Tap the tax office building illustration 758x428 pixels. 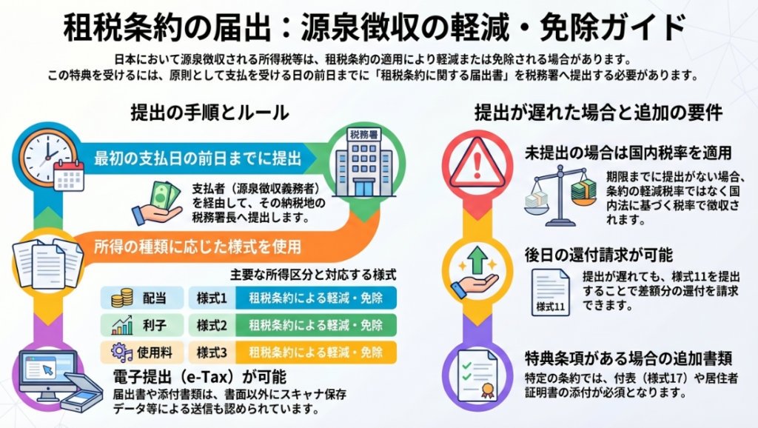tap(364, 163)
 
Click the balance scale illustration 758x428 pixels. tap(561, 195)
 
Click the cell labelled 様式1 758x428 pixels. tap(212, 298)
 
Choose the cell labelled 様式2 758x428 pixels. tap(212, 325)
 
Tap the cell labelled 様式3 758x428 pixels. tap(212, 352)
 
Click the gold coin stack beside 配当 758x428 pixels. tap(122, 298)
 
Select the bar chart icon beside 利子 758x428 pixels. tap(122, 325)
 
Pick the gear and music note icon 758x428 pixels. tap(122, 352)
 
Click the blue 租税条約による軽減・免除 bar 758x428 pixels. tap(316, 298)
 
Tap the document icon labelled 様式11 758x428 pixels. tap(550, 292)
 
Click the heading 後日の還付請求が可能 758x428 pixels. tap(599, 255)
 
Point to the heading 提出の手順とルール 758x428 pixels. tap(209, 113)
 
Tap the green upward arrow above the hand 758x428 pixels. tap(477, 260)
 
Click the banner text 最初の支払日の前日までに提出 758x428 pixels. tap(197, 158)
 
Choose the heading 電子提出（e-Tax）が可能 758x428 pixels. tap(200, 377)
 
